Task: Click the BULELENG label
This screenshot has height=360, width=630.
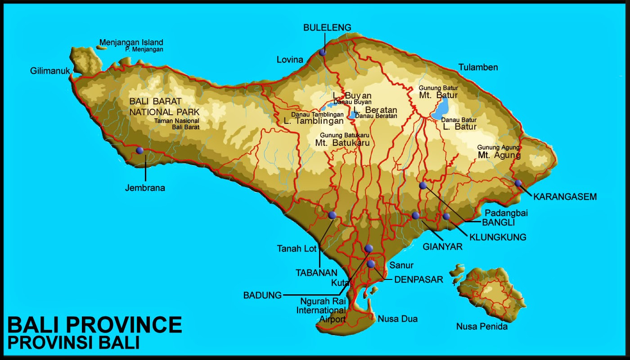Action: pos(327,27)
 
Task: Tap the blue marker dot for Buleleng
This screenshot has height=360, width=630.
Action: pos(322,52)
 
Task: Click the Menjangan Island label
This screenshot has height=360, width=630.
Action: pos(131,43)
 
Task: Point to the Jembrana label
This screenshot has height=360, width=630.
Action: pos(145,188)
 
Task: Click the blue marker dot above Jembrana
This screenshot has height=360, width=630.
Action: pos(139,150)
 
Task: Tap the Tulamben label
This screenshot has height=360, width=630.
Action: pos(478,67)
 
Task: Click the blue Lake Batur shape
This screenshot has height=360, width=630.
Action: pos(440,109)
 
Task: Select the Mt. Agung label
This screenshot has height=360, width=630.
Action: pos(499,155)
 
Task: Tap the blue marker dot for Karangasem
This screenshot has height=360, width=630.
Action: pos(518,183)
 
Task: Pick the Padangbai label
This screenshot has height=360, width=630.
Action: pos(506,213)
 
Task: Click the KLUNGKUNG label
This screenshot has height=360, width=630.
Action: pos(498,237)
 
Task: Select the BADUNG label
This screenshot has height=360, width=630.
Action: pos(262,295)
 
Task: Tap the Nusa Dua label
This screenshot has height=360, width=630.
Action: pos(397,319)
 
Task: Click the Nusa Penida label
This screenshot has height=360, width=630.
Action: pos(481,327)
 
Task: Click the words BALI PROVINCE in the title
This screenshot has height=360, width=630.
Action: pos(95,325)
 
